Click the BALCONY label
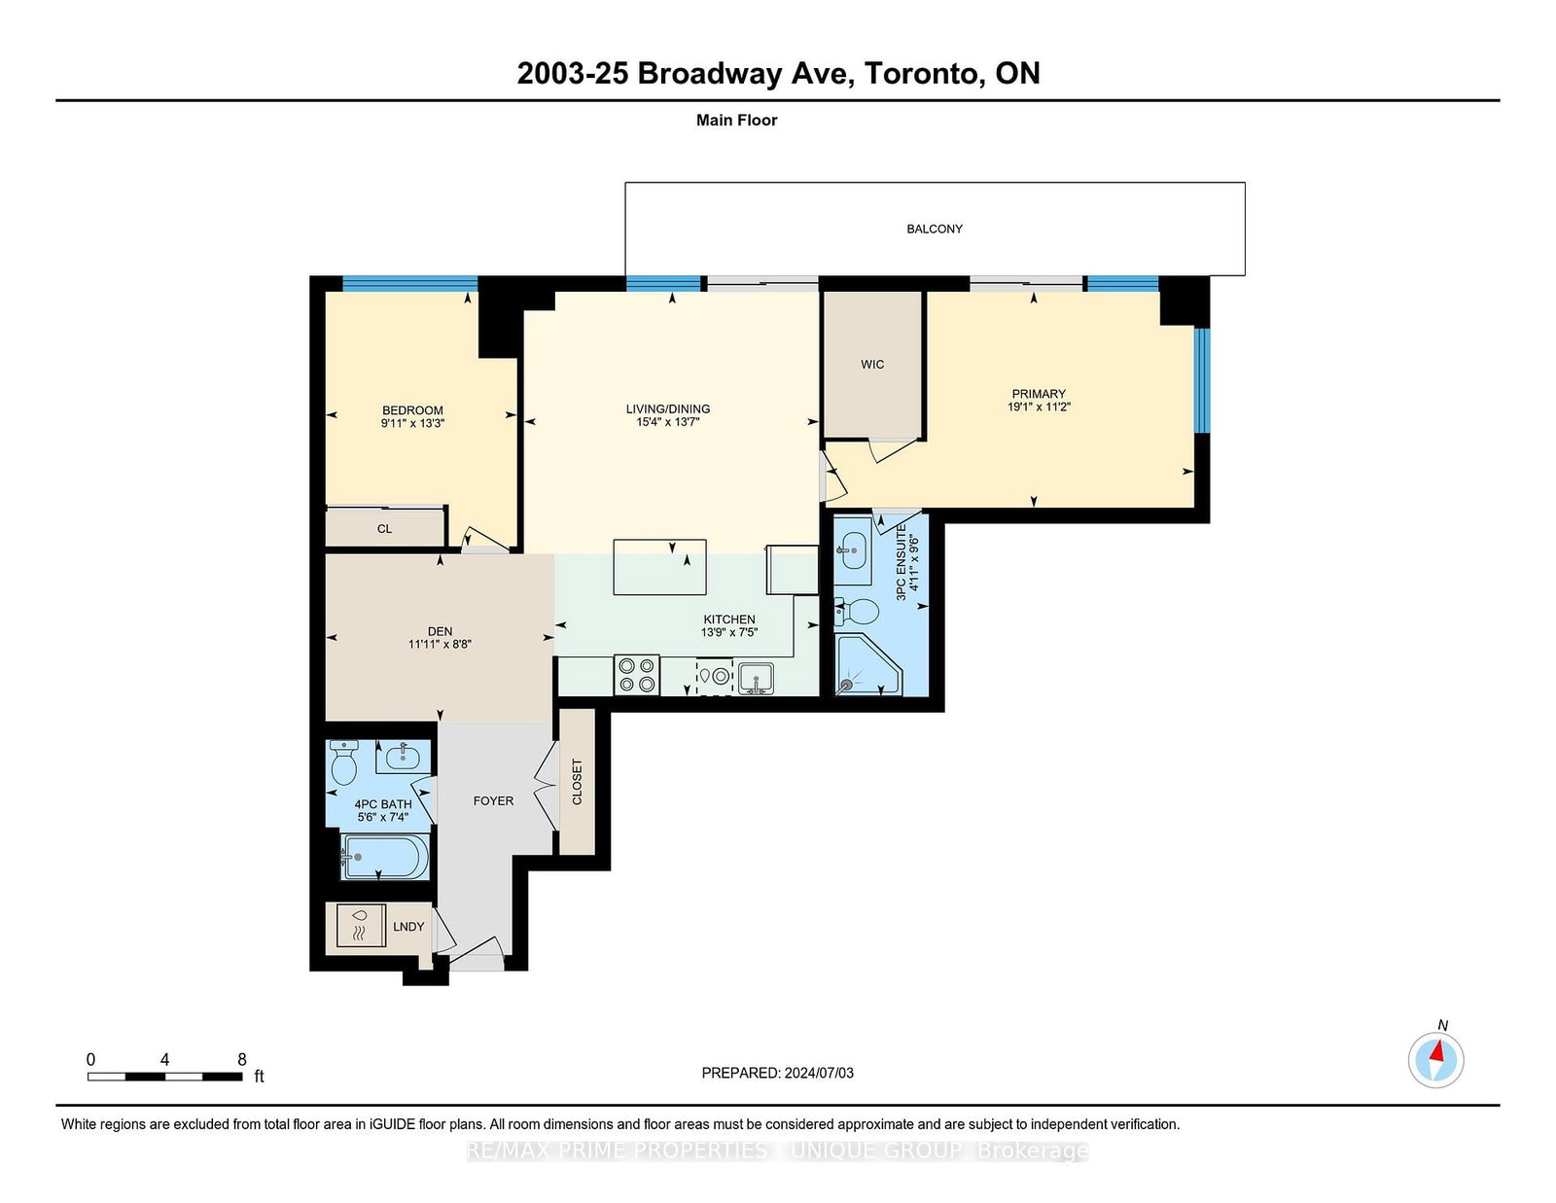[x=935, y=230]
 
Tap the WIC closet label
[x=872, y=365]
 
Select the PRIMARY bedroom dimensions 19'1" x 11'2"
[x=1039, y=407]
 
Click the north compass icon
[x=1435, y=1060]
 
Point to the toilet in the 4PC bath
[x=344, y=762]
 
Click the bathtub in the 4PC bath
[x=385, y=857]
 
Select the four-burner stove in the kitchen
[x=637, y=675]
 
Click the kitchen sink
[x=756, y=678]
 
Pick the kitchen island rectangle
[x=659, y=567]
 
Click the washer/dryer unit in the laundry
[x=361, y=926]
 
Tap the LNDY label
[x=408, y=927]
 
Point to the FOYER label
[x=493, y=800]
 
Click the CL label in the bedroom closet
[x=384, y=529]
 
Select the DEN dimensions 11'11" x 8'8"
[x=440, y=645]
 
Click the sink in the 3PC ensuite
[x=852, y=549]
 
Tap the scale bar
[x=164, y=1077]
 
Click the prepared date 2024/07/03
[x=819, y=1073]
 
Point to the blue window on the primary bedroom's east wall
[x=1202, y=380]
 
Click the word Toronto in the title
[x=923, y=73]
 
